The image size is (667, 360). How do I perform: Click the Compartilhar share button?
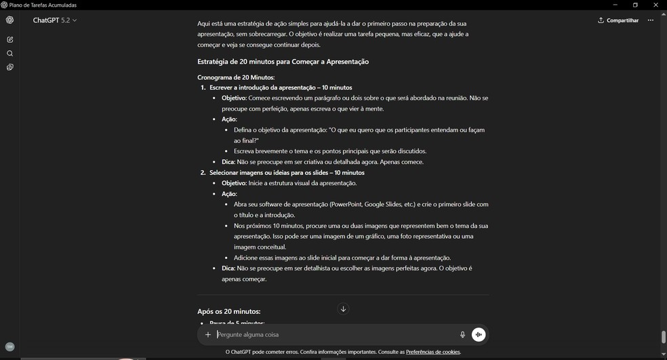pos(618,20)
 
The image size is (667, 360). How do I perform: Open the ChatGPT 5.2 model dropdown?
pos(55,20)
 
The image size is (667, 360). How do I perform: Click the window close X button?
pos(655,5)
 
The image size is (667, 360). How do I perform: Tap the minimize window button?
pos(615,5)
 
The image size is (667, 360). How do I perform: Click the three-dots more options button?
pos(651,20)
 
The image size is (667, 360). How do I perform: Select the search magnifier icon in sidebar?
pos(9,54)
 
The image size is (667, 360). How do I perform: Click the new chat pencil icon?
pos(9,40)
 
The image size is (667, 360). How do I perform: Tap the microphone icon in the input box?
pos(462,334)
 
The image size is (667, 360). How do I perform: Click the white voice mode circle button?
pos(479,334)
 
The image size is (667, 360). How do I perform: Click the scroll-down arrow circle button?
pos(343,309)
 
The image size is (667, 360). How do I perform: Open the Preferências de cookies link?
pos(432,353)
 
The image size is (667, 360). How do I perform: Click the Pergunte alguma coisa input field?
pos(332,334)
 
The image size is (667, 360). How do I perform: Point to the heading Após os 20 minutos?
pos(228,312)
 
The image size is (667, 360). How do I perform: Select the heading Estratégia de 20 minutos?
pos(283,62)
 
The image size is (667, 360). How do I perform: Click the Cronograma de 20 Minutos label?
pos(236,77)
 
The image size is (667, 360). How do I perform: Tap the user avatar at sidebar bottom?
pos(9,346)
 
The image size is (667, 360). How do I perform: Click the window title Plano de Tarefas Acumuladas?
pos(43,5)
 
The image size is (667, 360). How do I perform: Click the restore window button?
pos(635,5)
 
